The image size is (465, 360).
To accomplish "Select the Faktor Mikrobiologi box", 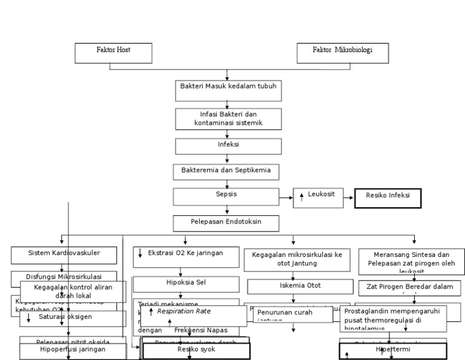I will [342, 53].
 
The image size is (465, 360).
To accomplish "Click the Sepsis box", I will [226, 196].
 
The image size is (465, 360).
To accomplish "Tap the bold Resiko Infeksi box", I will [384, 198].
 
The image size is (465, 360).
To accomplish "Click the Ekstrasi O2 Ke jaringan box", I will [185, 256].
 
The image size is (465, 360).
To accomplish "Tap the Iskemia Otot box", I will [293, 285].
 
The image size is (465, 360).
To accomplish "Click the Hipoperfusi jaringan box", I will [73, 351].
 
